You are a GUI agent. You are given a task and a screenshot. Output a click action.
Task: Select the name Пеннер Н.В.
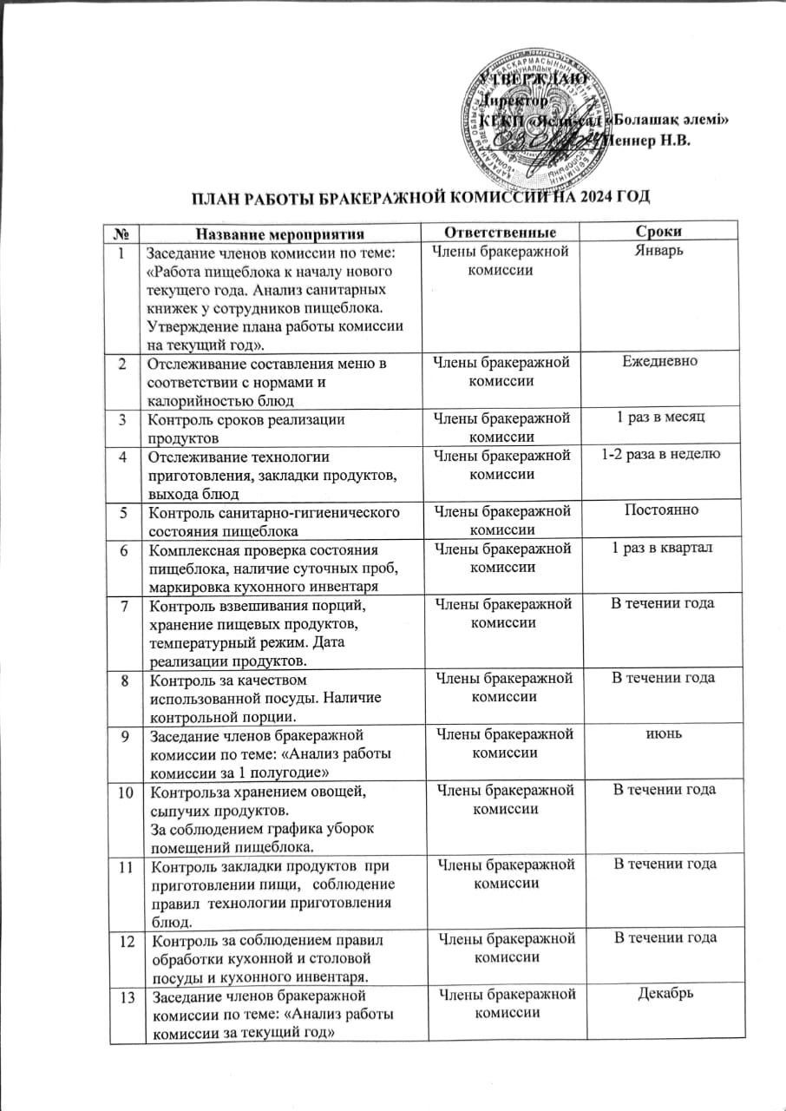(651, 142)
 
